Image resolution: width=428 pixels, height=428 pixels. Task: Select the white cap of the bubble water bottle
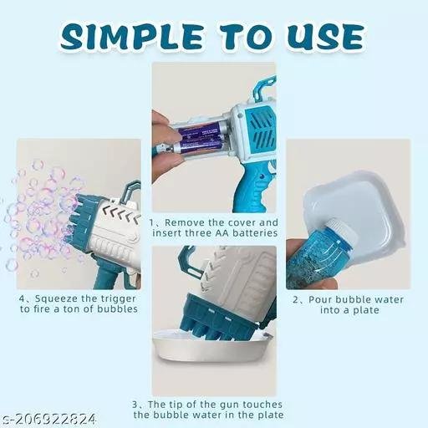340,231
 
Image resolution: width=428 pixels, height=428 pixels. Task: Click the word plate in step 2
367,310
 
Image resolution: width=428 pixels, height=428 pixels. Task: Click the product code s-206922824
48,419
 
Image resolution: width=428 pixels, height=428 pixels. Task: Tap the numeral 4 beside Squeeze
23,299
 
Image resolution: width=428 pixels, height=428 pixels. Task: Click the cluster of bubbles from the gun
42,217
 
